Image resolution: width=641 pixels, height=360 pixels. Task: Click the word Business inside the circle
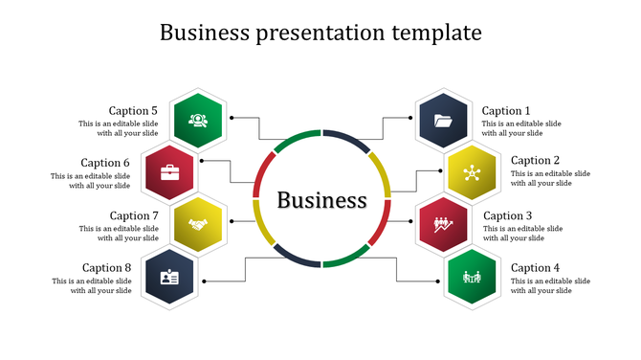pyautogui.click(x=321, y=200)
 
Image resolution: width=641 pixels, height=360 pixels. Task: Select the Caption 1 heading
pyautogui.click(x=505, y=111)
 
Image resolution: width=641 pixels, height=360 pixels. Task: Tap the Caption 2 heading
pyautogui.click(x=536, y=161)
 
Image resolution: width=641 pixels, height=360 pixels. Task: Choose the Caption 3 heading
pyautogui.click(x=507, y=216)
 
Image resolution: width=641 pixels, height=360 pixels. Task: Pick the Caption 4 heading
pyautogui.click(x=536, y=268)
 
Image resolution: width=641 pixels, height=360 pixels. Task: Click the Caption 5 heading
pyautogui.click(x=133, y=111)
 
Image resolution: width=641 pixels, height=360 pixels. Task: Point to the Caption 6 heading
pyautogui.click(x=105, y=163)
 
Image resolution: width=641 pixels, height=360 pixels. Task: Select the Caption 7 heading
pyautogui.click(x=134, y=216)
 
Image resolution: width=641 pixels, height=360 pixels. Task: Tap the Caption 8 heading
pyautogui.click(x=106, y=268)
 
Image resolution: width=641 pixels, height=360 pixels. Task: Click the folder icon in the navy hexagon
pyautogui.click(x=444, y=121)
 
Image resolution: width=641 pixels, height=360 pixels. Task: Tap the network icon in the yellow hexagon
pyautogui.click(x=471, y=172)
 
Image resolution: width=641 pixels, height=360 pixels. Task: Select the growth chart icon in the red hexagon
pyautogui.click(x=444, y=225)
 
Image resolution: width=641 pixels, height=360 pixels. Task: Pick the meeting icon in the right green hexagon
pyautogui.click(x=471, y=278)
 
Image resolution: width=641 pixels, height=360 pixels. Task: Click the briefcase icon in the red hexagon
pyautogui.click(x=169, y=172)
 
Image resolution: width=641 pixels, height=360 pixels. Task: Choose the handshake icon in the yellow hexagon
pyautogui.click(x=198, y=225)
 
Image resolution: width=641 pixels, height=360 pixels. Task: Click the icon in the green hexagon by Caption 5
pyautogui.click(x=198, y=121)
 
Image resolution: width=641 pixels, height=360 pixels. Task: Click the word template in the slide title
pyautogui.click(x=436, y=33)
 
